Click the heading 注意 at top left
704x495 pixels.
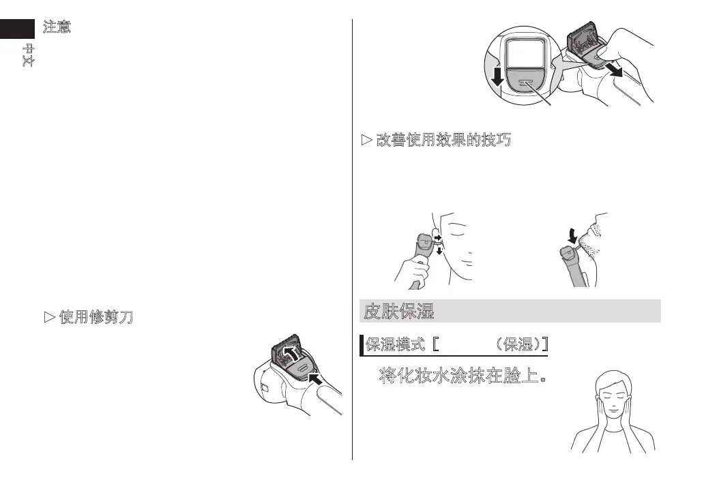click(x=58, y=28)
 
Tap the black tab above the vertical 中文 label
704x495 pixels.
click(x=17, y=28)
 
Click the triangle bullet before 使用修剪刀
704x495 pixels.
click(x=48, y=318)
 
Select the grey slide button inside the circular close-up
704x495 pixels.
click(x=525, y=82)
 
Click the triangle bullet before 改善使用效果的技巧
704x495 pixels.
click(x=365, y=142)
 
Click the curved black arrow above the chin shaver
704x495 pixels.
click(x=572, y=235)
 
